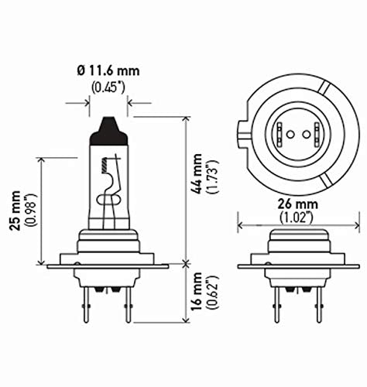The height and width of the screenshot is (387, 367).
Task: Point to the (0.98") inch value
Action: click(x=29, y=209)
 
